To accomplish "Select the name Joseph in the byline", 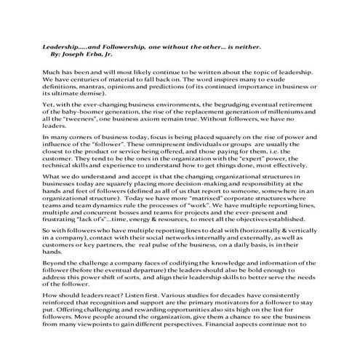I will pyautogui.click(x=83, y=54).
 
